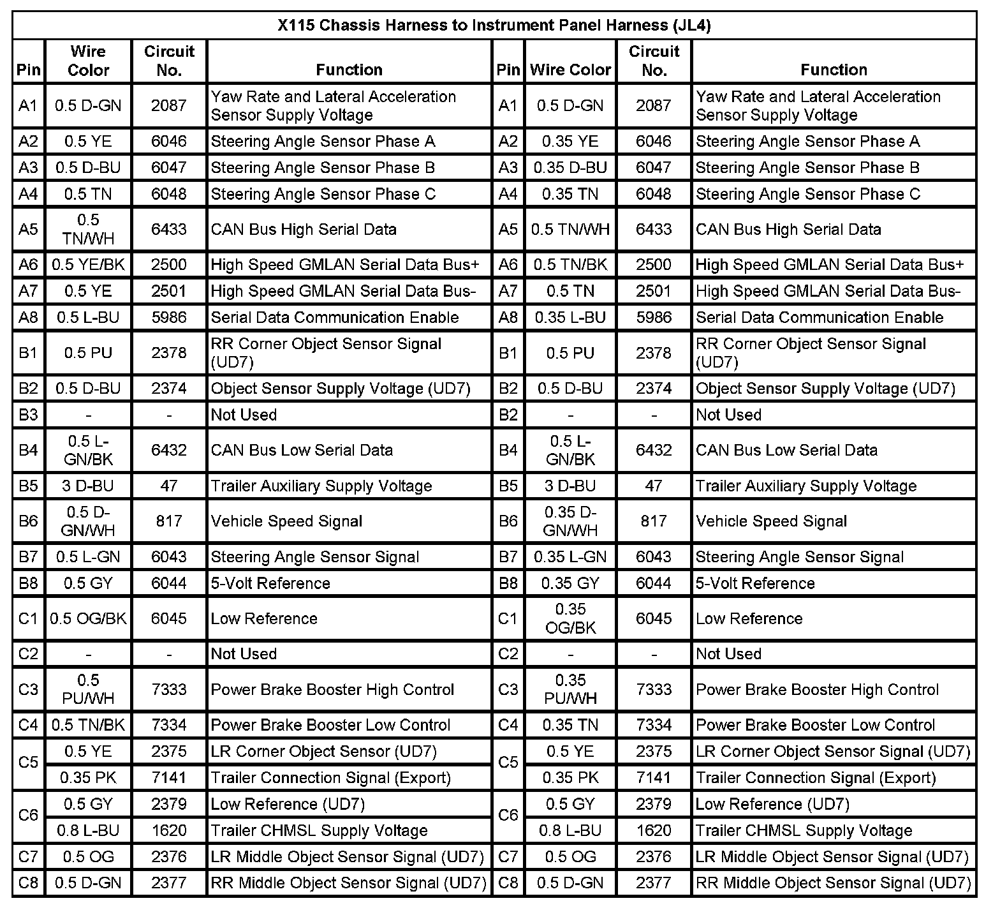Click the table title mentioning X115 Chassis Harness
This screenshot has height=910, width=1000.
pos(494,26)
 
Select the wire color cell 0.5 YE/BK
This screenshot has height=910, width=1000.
pos(88,265)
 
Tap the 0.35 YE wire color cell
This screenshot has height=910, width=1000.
pos(570,141)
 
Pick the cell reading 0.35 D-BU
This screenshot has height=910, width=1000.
pos(570,168)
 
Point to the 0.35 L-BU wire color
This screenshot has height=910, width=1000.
pos(570,317)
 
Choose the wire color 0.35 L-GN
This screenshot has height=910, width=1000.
pos(570,557)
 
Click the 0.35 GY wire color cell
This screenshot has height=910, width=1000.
pos(570,583)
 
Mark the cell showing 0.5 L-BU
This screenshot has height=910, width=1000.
pos(88,317)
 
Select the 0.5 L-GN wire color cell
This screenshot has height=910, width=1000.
pos(88,557)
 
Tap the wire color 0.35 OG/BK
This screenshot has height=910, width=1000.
pos(570,618)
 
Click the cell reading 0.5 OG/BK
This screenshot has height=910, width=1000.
pos(88,618)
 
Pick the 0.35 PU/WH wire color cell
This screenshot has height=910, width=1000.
pos(570,689)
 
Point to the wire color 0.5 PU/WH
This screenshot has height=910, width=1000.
pos(88,689)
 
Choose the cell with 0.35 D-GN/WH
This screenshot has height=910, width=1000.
pos(570,521)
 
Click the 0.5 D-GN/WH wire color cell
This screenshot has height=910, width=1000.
pos(88,521)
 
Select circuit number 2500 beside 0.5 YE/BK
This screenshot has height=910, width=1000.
pos(169,265)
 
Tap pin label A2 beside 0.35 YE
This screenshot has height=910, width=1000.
pos(508,141)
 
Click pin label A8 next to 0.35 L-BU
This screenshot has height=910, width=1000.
pos(508,317)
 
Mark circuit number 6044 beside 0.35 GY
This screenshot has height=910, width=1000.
pos(654,583)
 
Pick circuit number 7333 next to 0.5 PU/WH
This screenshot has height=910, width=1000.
pos(169,689)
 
